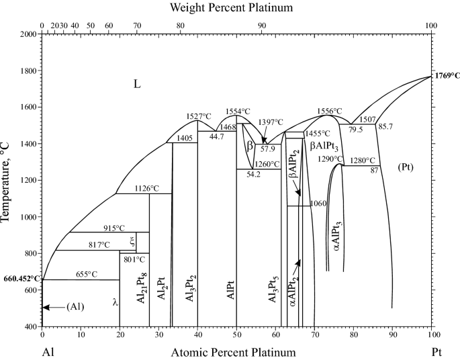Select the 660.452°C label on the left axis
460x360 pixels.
[x=22, y=278]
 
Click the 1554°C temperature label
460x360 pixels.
[x=238, y=111]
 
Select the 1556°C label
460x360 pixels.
[x=328, y=111]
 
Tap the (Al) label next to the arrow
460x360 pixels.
[x=76, y=307]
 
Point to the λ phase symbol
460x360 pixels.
[x=116, y=303]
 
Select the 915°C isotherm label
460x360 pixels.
[x=114, y=228]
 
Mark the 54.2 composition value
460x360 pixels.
[x=254, y=175]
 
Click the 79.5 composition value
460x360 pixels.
[x=356, y=130]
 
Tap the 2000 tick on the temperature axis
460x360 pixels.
[x=28, y=34]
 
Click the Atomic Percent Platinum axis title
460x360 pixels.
[x=233, y=352]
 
